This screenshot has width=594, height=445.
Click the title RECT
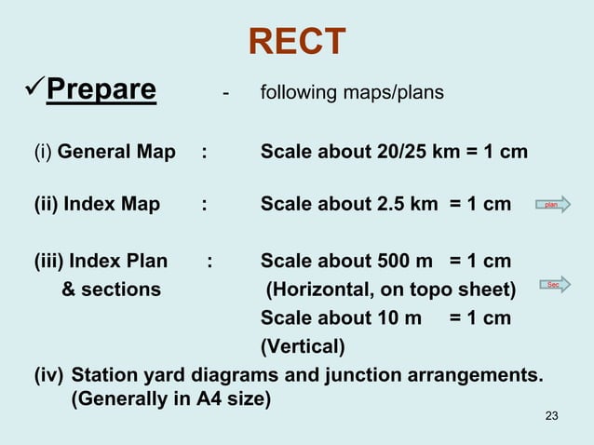297,41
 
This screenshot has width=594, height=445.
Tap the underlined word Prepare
101,90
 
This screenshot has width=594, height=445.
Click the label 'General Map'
116,151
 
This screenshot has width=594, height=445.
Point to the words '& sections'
110,290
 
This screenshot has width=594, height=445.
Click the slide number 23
551,415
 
